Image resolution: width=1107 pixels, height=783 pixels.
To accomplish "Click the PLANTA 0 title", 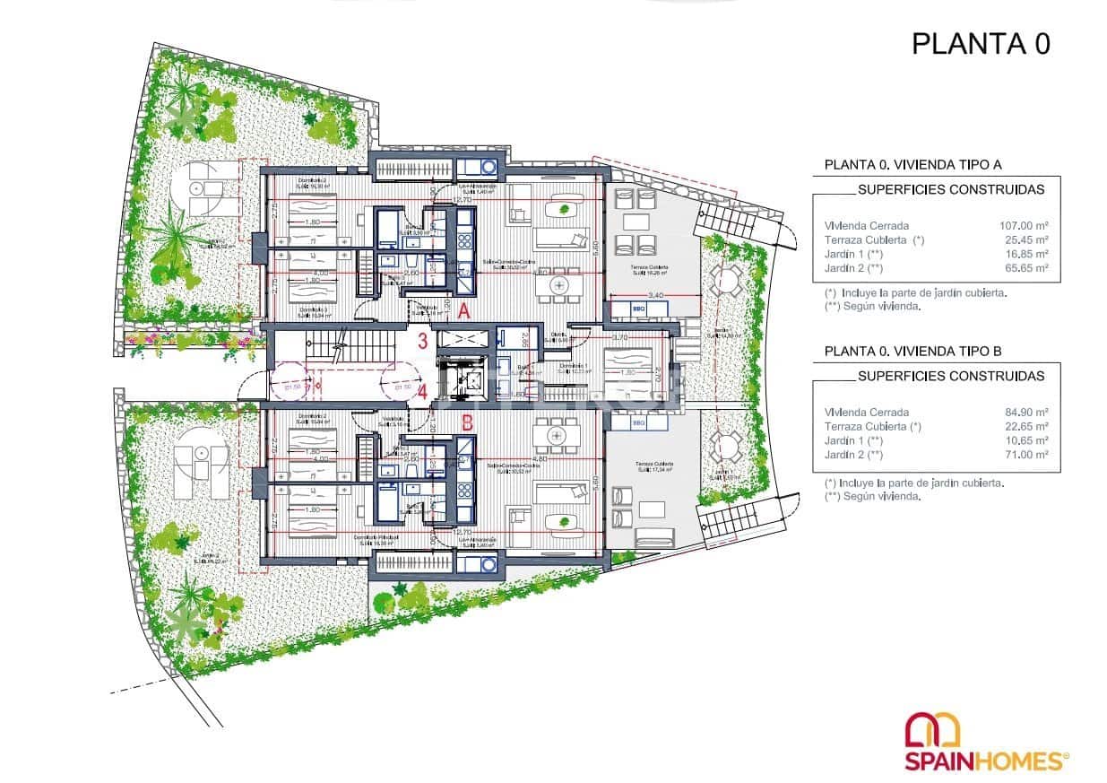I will click(980, 43).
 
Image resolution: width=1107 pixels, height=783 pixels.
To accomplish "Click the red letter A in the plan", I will click(463, 311).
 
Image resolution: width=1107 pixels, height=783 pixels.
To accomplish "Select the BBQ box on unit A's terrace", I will click(639, 309).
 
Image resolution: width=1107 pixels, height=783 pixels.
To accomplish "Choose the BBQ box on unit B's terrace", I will click(639, 422).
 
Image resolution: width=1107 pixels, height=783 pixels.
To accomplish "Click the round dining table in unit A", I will click(560, 285).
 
